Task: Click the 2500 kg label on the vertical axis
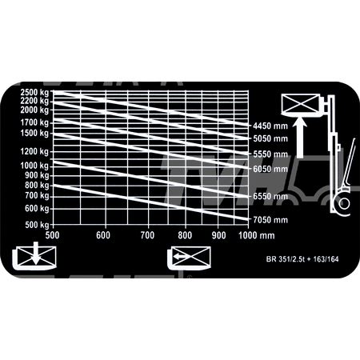pyautogui.click(x=34, y=92)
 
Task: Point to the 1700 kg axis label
pyautogui.click(x=34, y=122)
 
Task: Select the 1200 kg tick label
pyautogui.click(x=34, y=151)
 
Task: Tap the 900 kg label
pyautogui.click(x=37, y=175)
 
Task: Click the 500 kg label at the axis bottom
pyautogui.click(x=37, y=225)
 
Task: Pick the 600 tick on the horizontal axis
pyautogui.click(x=103, y=235)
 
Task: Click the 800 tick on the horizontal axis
pyautogui.click(x=185, y=235)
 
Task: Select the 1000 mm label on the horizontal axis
pyautogui.click(x=257, y=235)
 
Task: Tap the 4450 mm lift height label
pyautogui.click(x=270, y=126)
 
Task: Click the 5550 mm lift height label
pyautogui.click(x=270, y=154)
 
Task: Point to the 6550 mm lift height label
pyautogui.click(x=270, y=196)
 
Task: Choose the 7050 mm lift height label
pyautogui.click(x=270, y=220)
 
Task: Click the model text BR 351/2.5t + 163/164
pyautogui.click(x=302, y=259)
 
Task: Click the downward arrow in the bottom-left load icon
pyautogui.click(x=36, y=253)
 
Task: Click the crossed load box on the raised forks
pyautogui.click(x=301, y=104)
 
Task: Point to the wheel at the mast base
pyautogui.click(x=344, y=204)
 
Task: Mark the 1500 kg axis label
pyautogui.click(x=34, y=133)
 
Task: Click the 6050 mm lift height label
pyautogui.click(x=270, y=169)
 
